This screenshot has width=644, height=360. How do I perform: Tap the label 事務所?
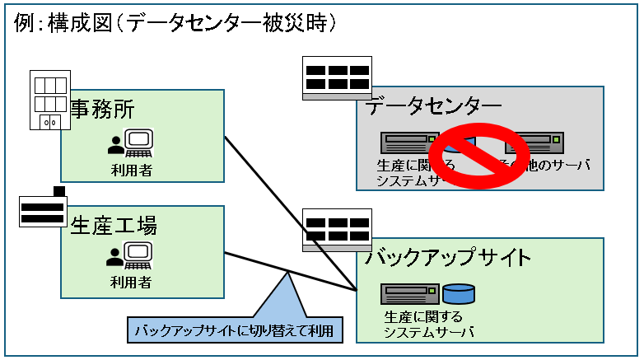(101, 109)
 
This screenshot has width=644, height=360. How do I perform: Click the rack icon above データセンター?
(338, 78)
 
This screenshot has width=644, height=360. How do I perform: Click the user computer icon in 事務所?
(131, 145)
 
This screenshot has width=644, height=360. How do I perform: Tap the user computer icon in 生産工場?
(131, 255)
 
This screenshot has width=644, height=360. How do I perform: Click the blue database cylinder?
(459, 293)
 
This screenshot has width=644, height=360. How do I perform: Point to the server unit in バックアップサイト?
(409, 293)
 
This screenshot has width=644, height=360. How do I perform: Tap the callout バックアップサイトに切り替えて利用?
(236, 331)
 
